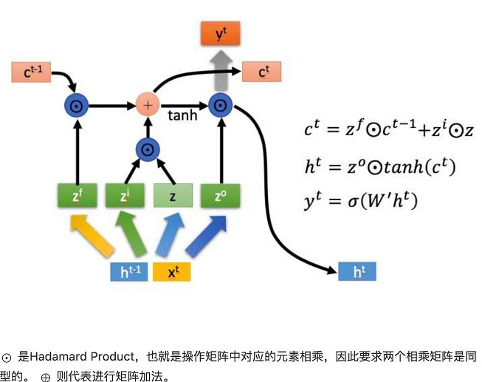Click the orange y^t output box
click(219, 33)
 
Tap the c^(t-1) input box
click(31, 72)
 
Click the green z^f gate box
click(77, 196)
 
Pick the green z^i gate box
click(125, 196)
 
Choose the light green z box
click(173, 196)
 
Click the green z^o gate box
click(220, 196)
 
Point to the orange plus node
click(148, 105)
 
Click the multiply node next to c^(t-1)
click(77, 106)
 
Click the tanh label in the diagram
click(182, 116)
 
